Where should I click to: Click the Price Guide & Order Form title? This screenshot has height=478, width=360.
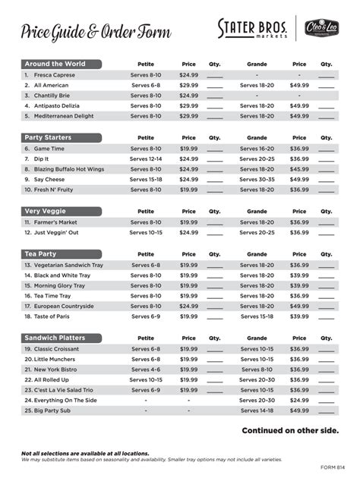tap(96, 31)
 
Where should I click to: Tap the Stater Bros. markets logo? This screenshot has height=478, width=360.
tap(252, 30)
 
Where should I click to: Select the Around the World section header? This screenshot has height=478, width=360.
tap(55, 64)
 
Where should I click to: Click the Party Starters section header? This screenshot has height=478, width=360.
tap(52, 138)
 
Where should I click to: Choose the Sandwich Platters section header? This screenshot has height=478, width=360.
tap(55, 338)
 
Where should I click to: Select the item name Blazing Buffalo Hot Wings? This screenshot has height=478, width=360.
tap(69, 169)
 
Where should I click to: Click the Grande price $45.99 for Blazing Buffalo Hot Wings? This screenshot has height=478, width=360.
tap(299, 169)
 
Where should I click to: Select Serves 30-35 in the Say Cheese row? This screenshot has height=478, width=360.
tap(257, 180)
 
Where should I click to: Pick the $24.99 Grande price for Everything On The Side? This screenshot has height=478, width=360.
tap(299, 400)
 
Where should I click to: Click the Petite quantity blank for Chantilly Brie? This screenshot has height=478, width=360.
tap(215, 96)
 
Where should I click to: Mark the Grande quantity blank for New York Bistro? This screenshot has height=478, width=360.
tap(326, 370)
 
